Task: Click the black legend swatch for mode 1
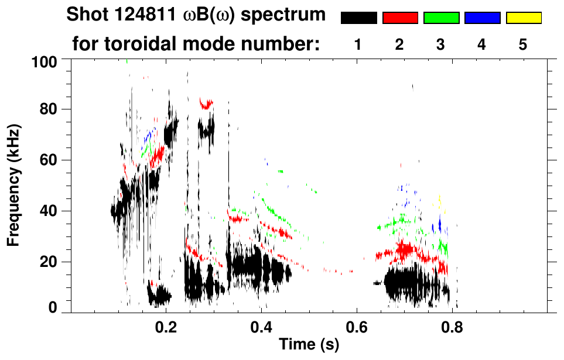358,18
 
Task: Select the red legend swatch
400,18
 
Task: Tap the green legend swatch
441,18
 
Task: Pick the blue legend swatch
482,18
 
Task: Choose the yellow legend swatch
524,18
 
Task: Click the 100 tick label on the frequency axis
45,61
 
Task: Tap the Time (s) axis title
308,345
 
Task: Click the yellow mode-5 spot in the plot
439,201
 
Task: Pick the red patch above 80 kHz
206,104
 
